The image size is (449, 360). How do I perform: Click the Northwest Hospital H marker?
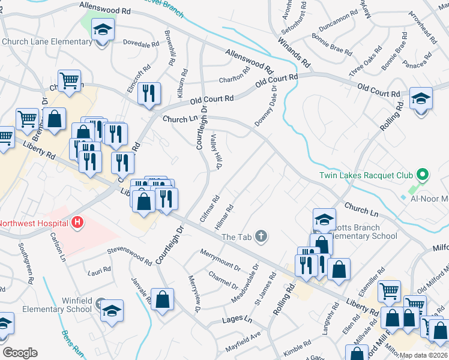point(77,223)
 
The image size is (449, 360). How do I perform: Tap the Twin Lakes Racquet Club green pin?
point(422,175)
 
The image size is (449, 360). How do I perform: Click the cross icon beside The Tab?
point(261,236)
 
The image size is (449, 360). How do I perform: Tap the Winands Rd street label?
point(294,52)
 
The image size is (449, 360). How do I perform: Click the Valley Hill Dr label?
point(218,149)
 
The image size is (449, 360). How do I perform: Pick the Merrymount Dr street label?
point(220,259)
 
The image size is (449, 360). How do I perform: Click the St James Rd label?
point(265,287)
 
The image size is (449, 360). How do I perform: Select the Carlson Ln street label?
point(58,247)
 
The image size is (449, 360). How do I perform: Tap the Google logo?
point(20,353)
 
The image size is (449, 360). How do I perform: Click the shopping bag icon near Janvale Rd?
point(163,299)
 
